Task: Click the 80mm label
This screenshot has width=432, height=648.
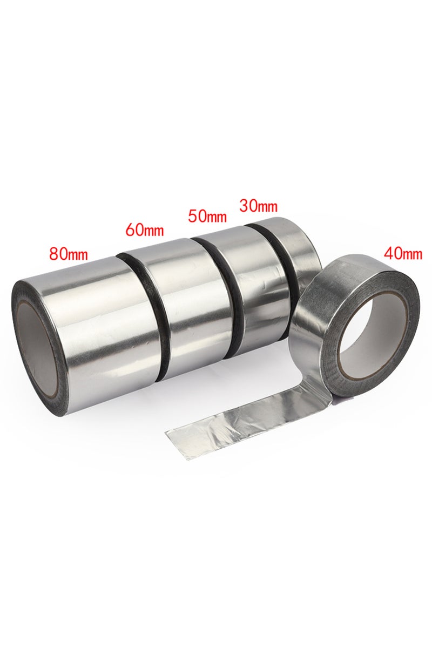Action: click(x=68, y=253)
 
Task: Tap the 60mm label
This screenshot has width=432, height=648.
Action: click(x=144, y=229)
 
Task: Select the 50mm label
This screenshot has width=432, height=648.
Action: click(x=207, y=216)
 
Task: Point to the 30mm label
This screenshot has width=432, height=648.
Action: click(x=258, y=205)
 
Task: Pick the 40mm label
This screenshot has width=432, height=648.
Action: click(x=403, y=252)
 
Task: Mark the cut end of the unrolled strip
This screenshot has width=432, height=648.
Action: click(x=178, y=443)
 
